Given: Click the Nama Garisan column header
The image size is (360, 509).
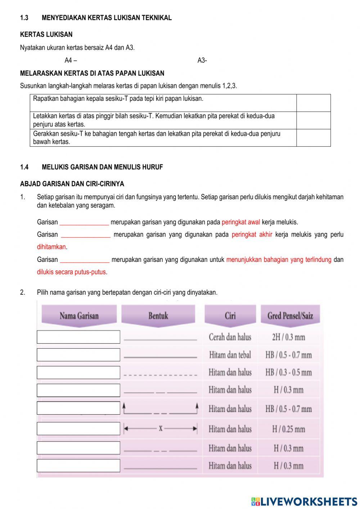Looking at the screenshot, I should (79, 316).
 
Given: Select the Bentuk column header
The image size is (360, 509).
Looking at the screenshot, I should (158, 316).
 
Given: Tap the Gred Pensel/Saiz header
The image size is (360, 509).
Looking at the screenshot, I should (290, 316).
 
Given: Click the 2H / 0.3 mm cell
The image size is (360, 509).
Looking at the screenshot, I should (288, 337).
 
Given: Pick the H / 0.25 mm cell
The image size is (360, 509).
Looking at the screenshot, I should (288, 429).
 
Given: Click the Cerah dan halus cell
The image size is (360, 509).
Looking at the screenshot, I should (230, 337).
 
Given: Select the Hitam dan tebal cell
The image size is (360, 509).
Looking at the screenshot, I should (230, 355).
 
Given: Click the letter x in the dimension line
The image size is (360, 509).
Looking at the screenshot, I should (161, 428).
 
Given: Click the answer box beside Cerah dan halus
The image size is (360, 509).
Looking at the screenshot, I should (78, 337).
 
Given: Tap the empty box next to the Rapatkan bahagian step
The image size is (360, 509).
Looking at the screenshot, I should (313, 103).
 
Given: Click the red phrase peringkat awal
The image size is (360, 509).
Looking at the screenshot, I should (240, 222).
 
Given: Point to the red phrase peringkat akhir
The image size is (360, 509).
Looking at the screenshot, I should (252, 235).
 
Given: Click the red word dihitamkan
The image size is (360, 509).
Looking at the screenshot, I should (51, 247).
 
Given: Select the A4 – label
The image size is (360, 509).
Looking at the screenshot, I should (71, 61).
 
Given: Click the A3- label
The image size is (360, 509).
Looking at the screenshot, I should (202, 61).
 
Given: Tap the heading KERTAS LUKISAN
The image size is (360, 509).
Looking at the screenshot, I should (46, 35).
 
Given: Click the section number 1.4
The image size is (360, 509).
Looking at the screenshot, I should (24, 167).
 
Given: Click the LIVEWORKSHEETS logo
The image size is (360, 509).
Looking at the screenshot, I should (304, 501).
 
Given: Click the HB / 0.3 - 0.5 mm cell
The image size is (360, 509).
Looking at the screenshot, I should (288, 372).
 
